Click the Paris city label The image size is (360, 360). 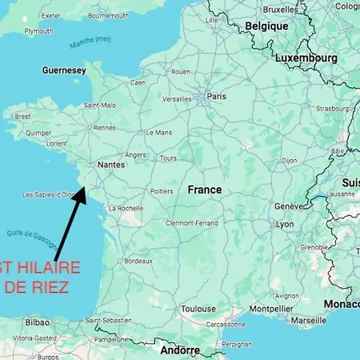[217, 96]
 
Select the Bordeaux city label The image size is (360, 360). [138, 261]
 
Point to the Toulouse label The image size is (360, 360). [198, 308]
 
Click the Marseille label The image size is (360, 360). [309, 320]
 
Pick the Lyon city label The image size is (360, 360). [285, 225]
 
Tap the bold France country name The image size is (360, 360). [205, 190]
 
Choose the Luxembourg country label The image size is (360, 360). [306, 58]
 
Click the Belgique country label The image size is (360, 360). [267, 26]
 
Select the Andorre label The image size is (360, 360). [181, 350]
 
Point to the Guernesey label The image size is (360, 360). [64, 70]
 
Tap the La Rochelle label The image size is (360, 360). [126, 208]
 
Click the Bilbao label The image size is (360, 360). [36, 322]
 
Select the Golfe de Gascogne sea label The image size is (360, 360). [30, 239]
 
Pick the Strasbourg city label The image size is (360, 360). [333, 109]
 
